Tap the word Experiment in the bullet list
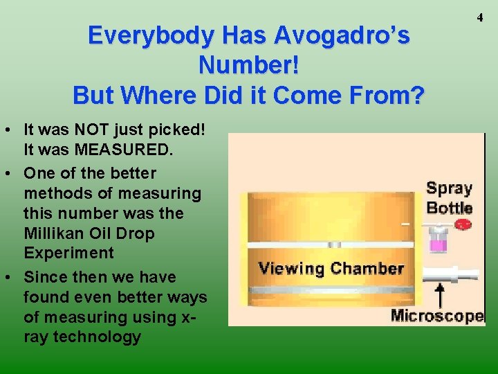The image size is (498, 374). coord(68,253)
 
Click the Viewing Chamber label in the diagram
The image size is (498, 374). coord(331,268)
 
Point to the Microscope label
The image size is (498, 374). coord(437,317)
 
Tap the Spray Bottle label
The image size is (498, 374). coord(450,198)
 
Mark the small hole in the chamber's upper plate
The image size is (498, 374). coord(335,244)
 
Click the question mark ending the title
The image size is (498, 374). coord(414,95)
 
